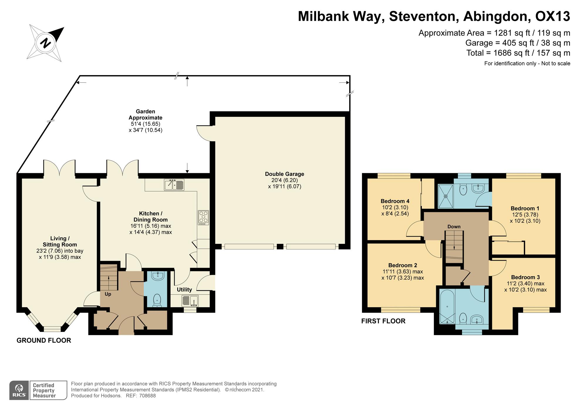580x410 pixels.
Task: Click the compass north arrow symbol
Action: [45, 43]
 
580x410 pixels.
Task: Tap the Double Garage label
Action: [284, 174]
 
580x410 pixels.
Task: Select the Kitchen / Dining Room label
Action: [151, 217]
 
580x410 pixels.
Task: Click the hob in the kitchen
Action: [203, 217]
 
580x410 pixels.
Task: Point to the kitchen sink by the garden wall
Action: [174, 185]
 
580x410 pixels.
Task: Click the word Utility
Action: [184, 290]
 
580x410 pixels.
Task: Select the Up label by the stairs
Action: [108, 294]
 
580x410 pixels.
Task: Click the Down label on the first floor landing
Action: [454, 227]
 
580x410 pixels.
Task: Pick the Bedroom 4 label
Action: [395, 201]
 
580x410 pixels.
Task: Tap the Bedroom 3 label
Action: [525, 277]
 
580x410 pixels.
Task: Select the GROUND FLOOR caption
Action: [44, 340]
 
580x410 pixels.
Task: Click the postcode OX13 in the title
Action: [553, 16]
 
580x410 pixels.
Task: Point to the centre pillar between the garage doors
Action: [280, 247]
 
